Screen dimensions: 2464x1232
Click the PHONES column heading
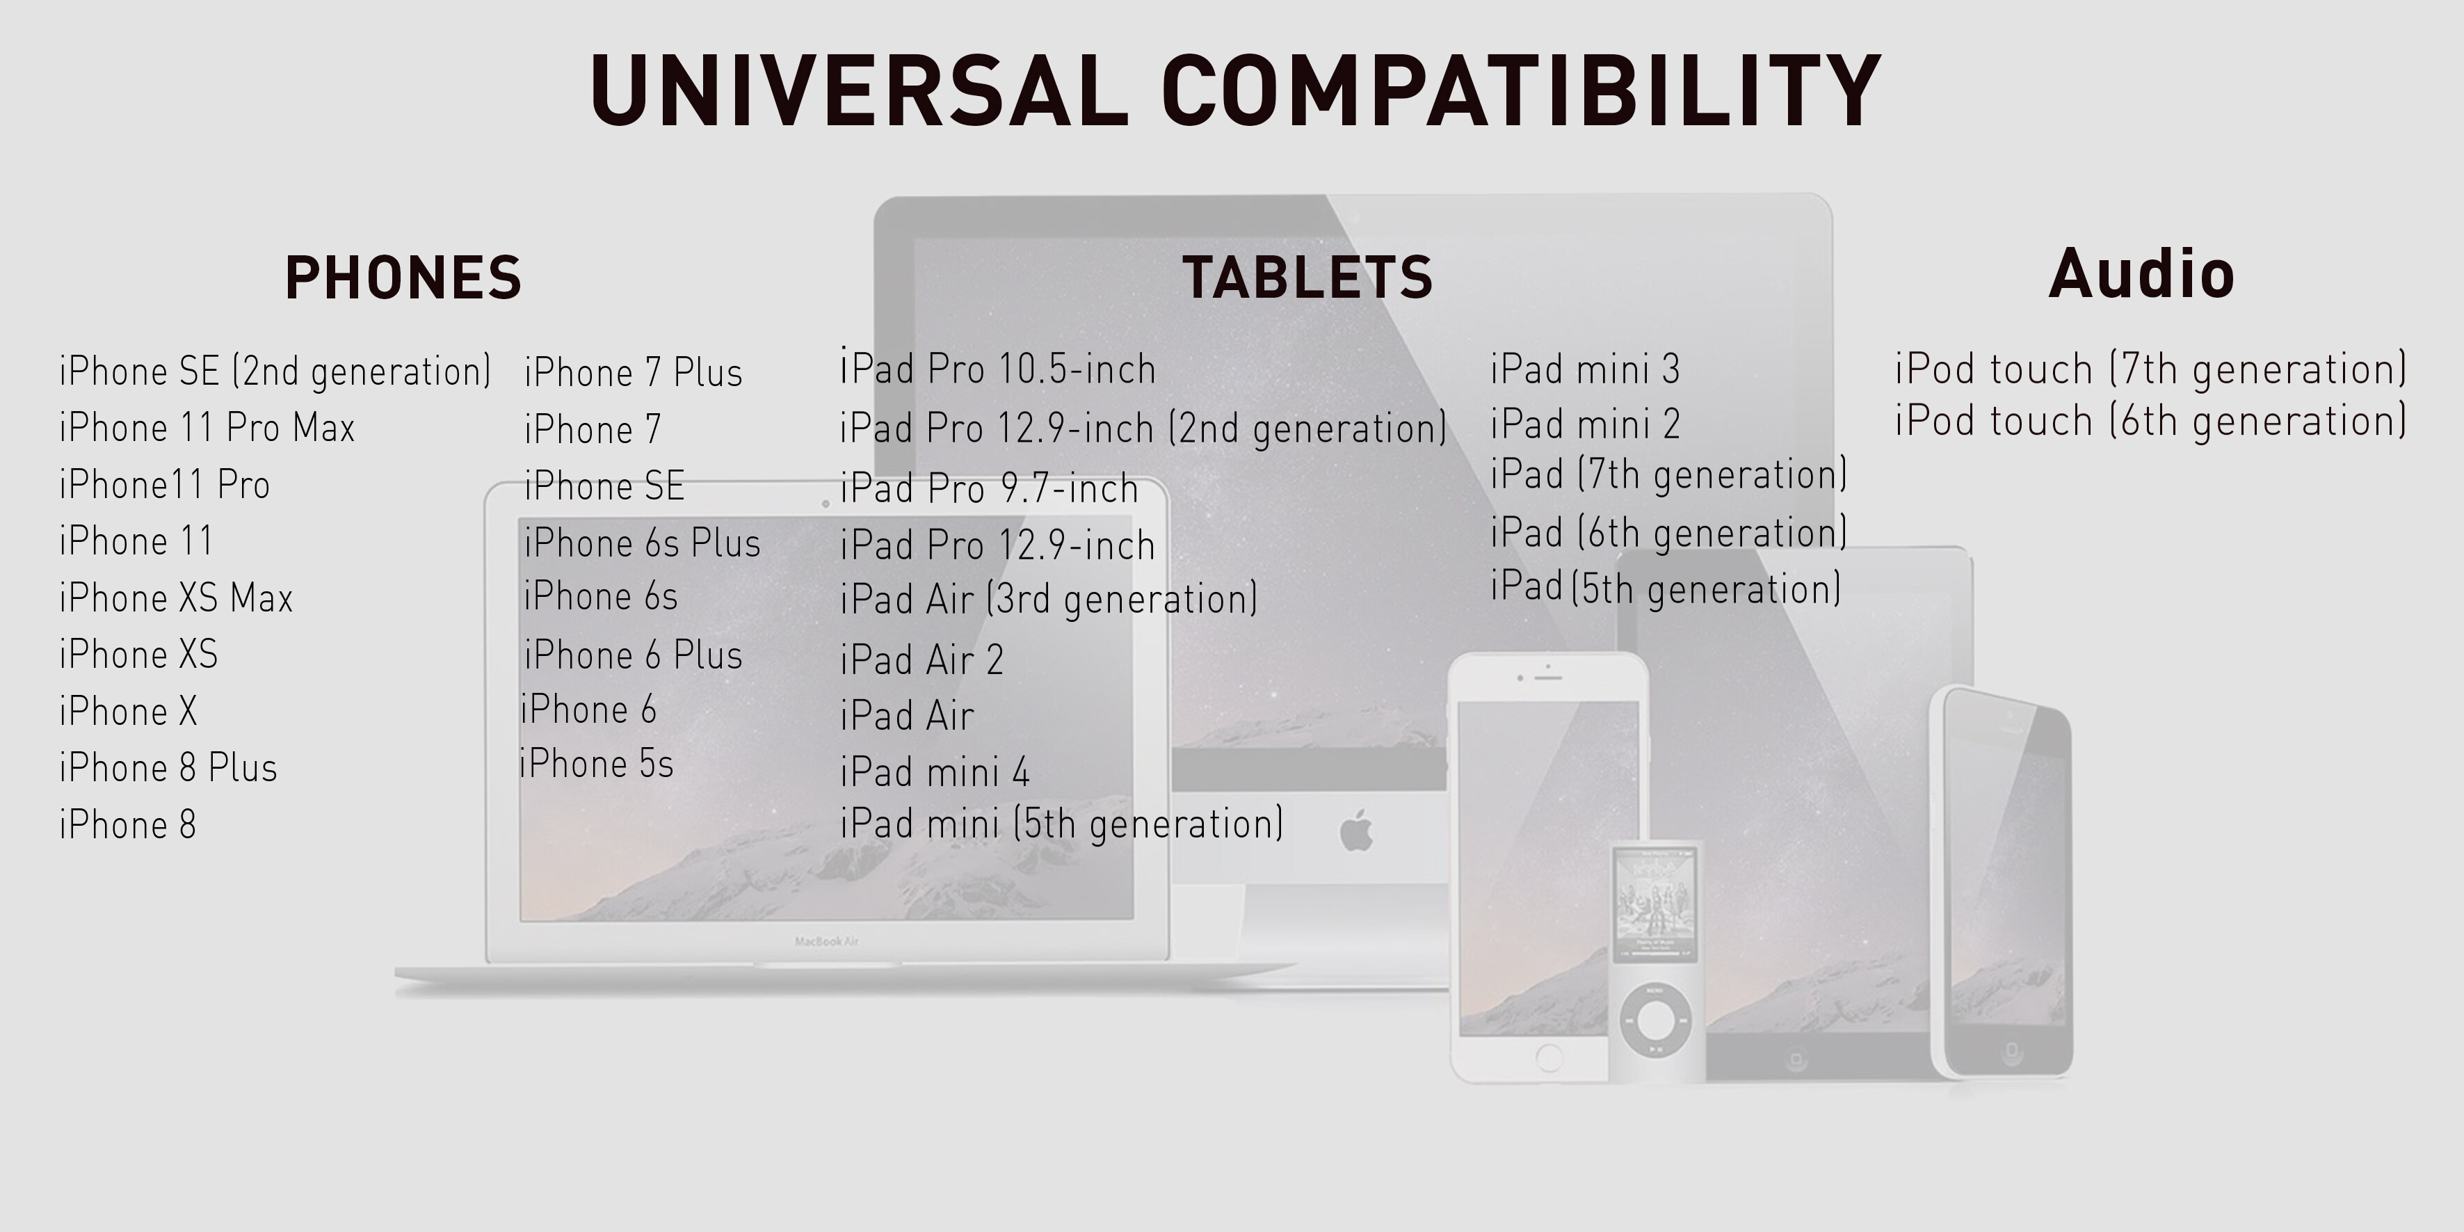pyautogui.click(x=403, y=278)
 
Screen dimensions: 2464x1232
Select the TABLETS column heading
pyautogui.click(x=1307, y=278)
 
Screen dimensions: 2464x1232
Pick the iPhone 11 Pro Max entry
pyautogui.click(x=207, y=428)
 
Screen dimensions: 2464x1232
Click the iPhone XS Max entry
pyautogui.click(x=176, y=598)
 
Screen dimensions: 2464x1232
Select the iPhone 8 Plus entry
pyautogui.click(x=168, y=768)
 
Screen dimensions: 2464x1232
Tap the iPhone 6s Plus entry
pyautogui.click(x=642, y=543)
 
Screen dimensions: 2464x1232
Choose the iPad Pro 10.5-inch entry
pyautogui.click(x=998, y=367)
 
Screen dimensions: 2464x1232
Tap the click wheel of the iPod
pyautogui.click(x=1654, y=1020)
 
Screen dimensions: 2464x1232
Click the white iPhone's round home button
pyautogui.click(x=1549, y=1058)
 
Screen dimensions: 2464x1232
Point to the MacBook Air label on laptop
pyautogui.click(x=826, y=941)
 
